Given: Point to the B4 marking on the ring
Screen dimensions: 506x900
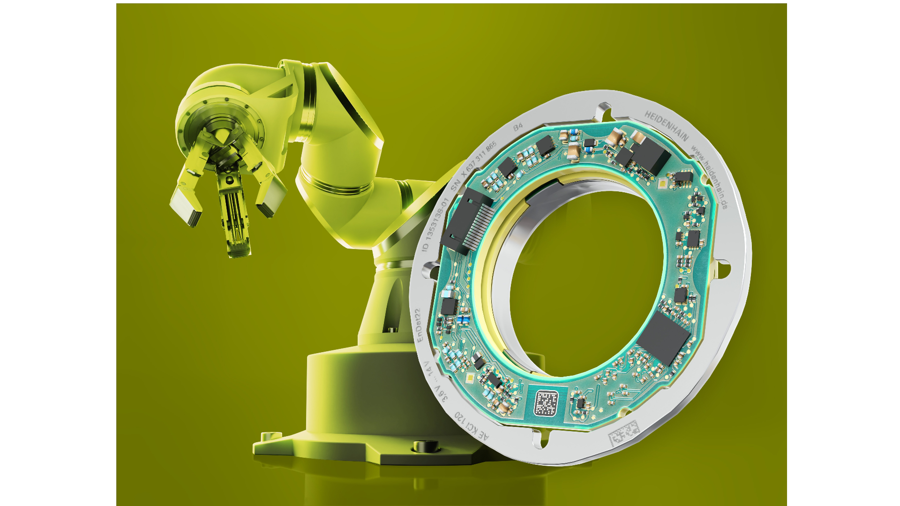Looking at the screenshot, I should coord(517,127).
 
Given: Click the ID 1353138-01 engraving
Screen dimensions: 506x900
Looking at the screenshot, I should coord(435,224).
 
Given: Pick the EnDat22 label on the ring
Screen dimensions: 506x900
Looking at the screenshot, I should coord(417,325).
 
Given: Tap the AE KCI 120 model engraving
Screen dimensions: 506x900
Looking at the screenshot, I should coord(472,426).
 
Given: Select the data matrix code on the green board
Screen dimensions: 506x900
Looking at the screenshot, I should coord(546,402).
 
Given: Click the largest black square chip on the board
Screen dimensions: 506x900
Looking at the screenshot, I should coord(664,338).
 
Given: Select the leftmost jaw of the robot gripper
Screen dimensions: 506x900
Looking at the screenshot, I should coord(186,197).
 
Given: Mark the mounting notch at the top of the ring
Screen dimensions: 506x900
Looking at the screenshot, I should coord(603,112).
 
